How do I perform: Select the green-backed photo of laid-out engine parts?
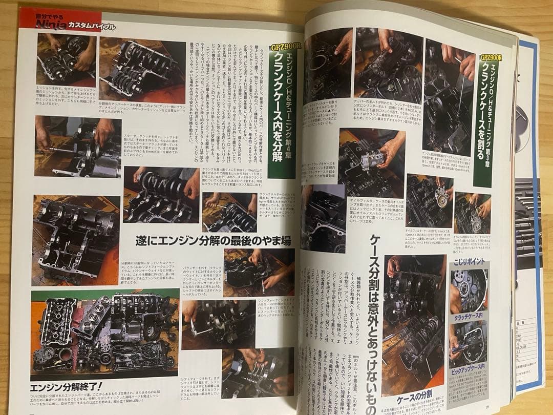point(104,333)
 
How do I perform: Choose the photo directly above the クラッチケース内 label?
point(469,291)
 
